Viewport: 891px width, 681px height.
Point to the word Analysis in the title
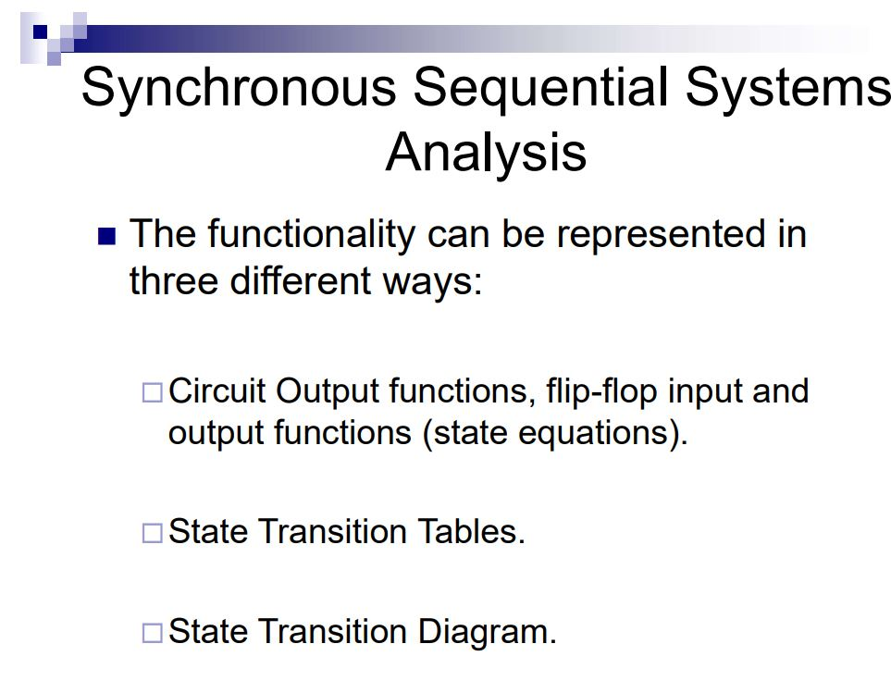(x=486, y=152)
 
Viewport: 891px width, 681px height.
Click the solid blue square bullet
(x=107, y=237)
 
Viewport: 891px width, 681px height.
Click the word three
(x=173, y=280)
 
